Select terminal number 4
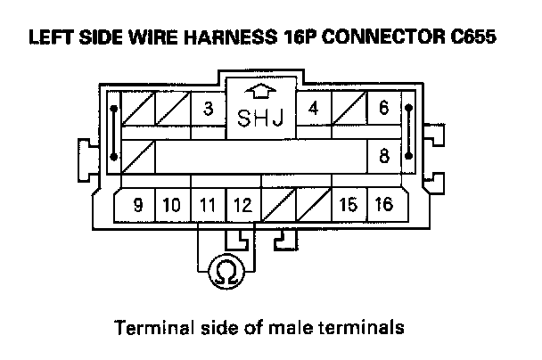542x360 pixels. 313,110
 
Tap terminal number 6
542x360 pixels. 383,110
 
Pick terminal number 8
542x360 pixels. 383,156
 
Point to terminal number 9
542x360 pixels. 137,205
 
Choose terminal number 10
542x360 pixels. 172,205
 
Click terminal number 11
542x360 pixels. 208,205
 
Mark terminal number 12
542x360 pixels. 242,205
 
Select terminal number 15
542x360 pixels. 349,205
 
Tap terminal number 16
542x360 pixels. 383,205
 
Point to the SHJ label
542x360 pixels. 260,119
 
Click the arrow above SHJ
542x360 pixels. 260,92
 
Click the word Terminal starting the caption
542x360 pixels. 147,327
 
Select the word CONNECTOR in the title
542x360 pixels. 382,38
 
